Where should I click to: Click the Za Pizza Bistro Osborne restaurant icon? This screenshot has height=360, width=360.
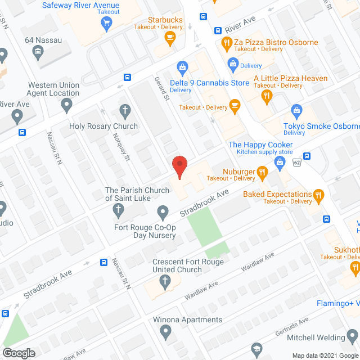tap(226, 42)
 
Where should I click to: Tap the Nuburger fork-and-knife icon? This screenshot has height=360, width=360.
tap(262, 172)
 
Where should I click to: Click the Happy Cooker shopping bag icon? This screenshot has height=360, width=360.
tap(279, 163)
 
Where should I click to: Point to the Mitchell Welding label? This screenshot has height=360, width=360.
tap(323, 337)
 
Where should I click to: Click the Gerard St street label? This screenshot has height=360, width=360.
tap(163, 89)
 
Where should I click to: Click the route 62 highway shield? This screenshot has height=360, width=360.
tap(297, 162)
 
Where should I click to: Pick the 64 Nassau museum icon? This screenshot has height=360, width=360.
tap(38, 52)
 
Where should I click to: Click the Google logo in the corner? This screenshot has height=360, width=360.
tap(19, 353)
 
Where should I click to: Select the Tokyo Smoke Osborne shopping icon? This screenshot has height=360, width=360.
tap(297, 110)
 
